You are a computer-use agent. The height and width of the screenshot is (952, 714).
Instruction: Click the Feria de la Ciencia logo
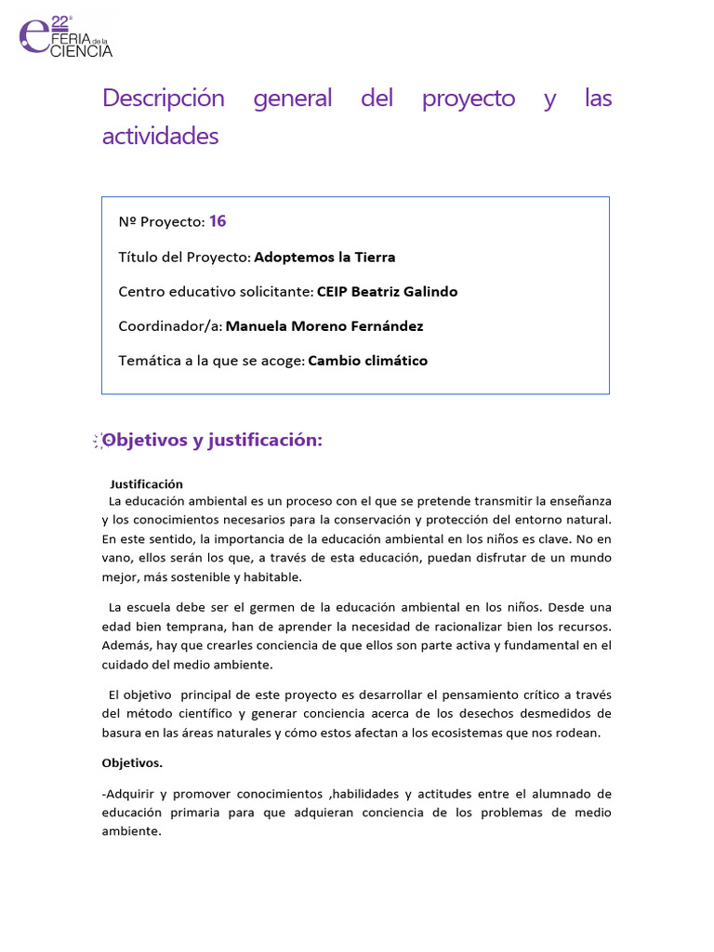pos(65,37)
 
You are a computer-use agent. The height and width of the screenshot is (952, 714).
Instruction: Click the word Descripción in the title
pos(164,99)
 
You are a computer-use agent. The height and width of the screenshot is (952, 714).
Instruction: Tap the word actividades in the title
pos(160,137)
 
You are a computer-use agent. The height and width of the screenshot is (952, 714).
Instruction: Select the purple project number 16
pos(218,221)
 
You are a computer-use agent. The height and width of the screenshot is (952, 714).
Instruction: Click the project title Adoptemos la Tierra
pos(324,257)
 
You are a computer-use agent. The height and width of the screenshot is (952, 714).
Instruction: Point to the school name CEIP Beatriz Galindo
pos(387,291)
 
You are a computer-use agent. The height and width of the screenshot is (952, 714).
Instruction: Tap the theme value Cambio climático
pos(368,361)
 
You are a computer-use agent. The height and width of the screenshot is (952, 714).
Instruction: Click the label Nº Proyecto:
pos(161,222)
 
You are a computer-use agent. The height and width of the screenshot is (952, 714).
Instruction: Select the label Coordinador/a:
pos(170,326)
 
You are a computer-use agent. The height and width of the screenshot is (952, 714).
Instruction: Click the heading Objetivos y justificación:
pos(212,440)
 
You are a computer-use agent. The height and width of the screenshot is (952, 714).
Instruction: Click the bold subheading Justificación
pos(146,484)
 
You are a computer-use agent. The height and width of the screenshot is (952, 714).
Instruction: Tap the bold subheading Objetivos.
pos(132,763)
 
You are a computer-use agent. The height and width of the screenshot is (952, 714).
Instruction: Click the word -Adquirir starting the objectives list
pos(128,793)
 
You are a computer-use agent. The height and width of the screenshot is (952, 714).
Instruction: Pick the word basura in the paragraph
pos(122,733)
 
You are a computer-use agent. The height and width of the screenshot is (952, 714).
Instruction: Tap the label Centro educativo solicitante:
pos(216,292)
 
